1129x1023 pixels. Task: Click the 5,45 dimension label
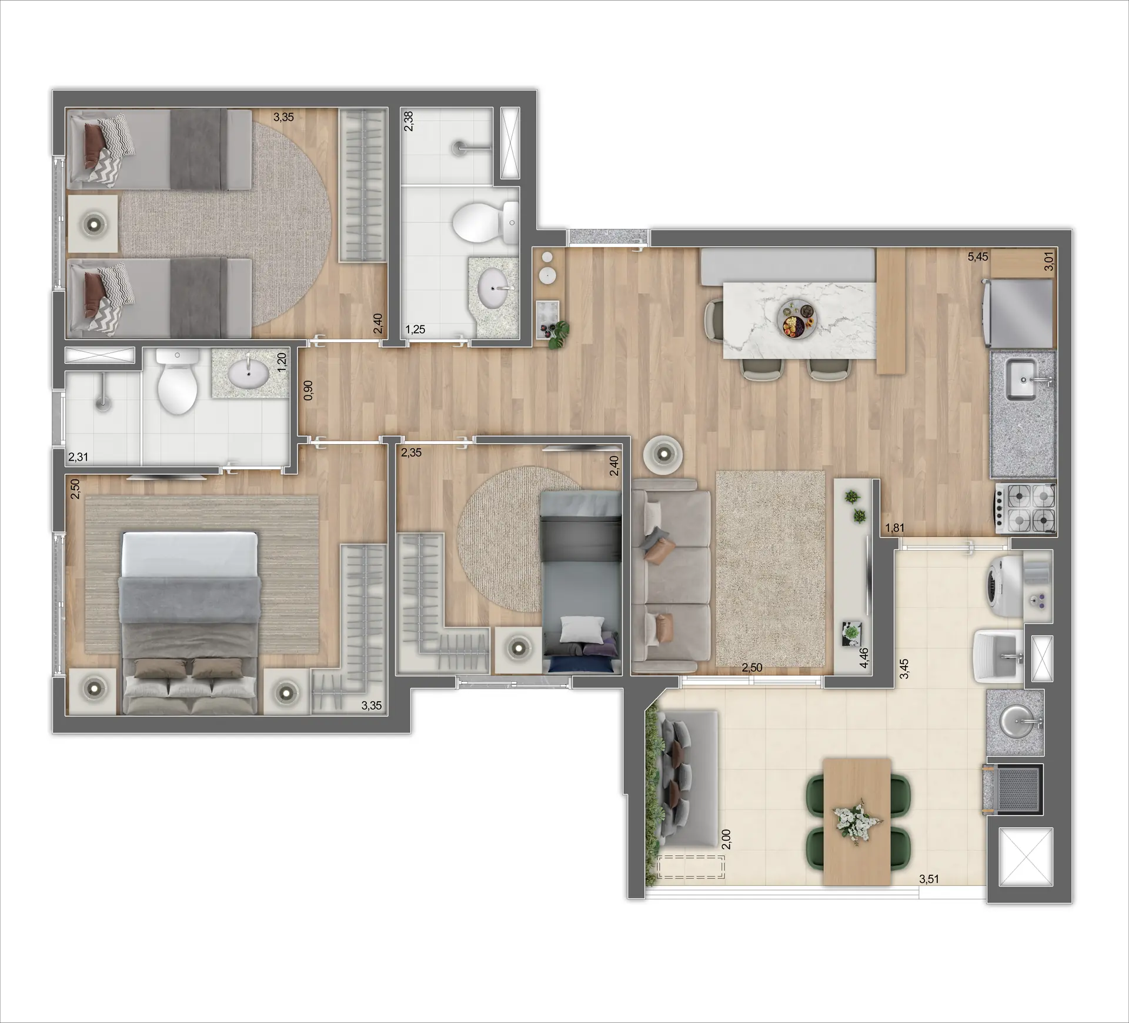point(978,257)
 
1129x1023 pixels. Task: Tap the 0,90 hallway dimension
point(308,391)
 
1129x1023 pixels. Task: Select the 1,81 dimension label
point(894,528)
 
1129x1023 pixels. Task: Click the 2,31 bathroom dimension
point(78,456)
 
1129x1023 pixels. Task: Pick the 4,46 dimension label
point(864,658)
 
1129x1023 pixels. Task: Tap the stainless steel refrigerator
point(1017,312)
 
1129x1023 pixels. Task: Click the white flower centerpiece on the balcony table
point(856,819)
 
